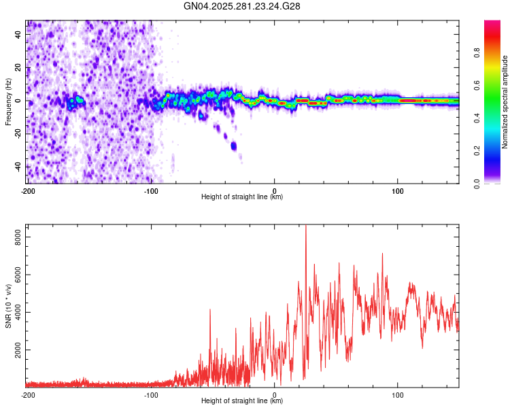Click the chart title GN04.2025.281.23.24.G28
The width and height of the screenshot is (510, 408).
pyautogui.click(x=242, y=6)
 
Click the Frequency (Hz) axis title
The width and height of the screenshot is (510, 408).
pyautogui.click(x=8, y=102)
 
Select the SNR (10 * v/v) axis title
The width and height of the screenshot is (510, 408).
pyautogui.click(x=8, y=306)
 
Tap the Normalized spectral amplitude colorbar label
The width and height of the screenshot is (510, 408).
pyautogui.click(x=505, y=102)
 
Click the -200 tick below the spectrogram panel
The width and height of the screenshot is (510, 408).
pyautogui.click(x=28, y=190)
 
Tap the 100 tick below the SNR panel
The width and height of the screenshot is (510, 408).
pyautogui.click(x=398, y=395)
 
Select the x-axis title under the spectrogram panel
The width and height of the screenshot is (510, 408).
pyautogui.click(x=242, y=197)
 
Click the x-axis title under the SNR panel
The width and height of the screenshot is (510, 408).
pyautogui.click(x=242, y=402)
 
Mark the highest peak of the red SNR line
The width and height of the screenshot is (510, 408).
pyautogui.click(x=305, y=226)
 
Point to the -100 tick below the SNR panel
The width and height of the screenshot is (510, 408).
pyautogui.click(x=151, y=395)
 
